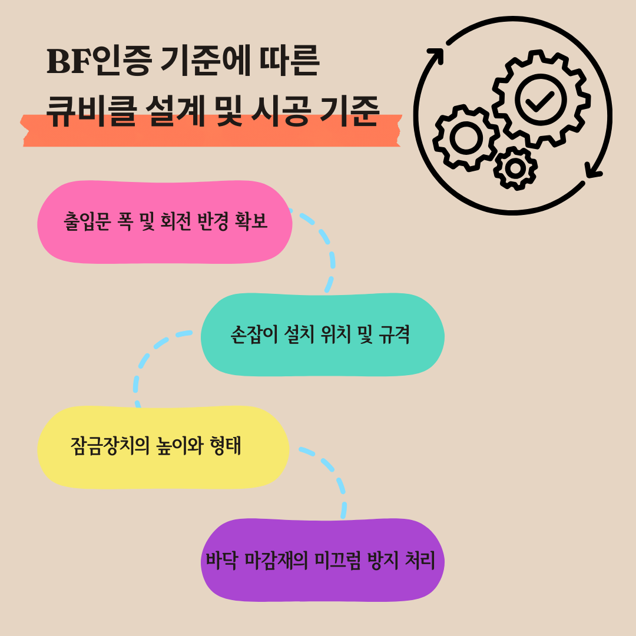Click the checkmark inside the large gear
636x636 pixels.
(x=540, y=98)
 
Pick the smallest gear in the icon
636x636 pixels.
(x=515, y=168)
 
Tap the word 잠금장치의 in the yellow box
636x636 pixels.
(x=112, y=446)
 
